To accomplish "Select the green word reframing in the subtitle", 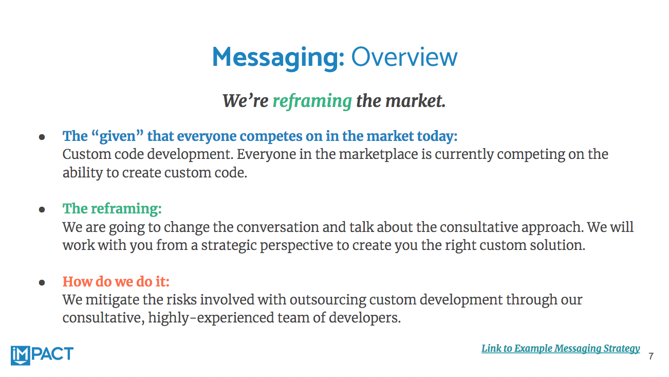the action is click(x=312, y=101).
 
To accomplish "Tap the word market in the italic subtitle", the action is click(x=416, y=101).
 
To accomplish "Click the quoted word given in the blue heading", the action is click(x=117, y=137).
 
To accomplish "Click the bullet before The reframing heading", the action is click(x=42, y=209).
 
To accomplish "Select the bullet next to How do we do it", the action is click(x=42, y=282).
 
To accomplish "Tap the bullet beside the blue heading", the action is click(x=42, y=137).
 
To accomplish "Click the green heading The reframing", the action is click(x=112, y=209).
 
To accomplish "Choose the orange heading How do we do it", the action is click(x=116, y=282).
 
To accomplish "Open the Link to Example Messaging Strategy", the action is click(x=561, y=349).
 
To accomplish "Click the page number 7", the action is click(x=651, y=356).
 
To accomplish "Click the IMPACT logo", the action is click(x=42, y=355).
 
